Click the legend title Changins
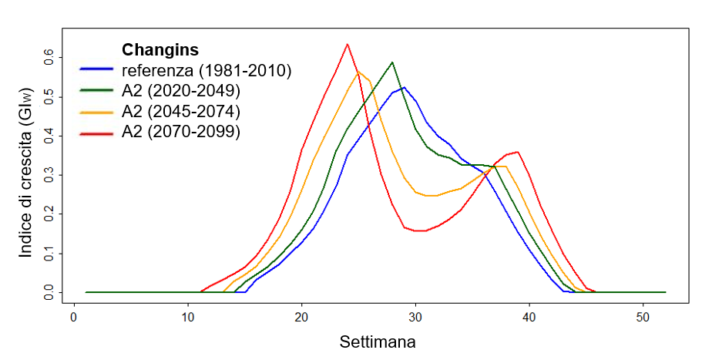160,50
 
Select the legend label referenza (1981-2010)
206,71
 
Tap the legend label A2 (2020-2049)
181,91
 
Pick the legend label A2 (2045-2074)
181,111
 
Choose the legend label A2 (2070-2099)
181,132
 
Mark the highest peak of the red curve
348,44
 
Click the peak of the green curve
392,62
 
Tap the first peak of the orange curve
358,72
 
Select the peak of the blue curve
404,87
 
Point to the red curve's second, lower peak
517,152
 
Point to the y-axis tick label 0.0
49,292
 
